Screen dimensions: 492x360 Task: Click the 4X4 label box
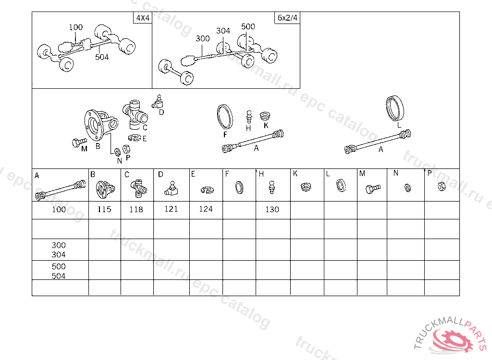143,18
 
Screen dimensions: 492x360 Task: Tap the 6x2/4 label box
287,18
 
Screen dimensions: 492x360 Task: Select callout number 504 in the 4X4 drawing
102,57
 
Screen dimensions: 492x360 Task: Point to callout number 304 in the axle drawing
223,31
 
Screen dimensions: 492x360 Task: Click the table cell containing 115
104,210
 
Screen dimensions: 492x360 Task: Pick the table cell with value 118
137,210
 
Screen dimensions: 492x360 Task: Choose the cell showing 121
172,210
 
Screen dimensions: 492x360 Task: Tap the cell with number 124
206,210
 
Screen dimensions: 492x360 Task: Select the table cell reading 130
272,210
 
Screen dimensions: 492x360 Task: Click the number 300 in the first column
59,245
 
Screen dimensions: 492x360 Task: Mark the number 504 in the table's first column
59,276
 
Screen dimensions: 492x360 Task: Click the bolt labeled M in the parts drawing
79,143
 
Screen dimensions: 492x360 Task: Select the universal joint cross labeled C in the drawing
135,115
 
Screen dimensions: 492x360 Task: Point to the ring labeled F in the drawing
225,117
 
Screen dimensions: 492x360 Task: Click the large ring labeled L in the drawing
395,108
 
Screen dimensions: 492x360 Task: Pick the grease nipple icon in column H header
272,188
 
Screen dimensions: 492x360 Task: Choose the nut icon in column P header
442,187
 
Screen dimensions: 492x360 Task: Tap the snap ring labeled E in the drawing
135,138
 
